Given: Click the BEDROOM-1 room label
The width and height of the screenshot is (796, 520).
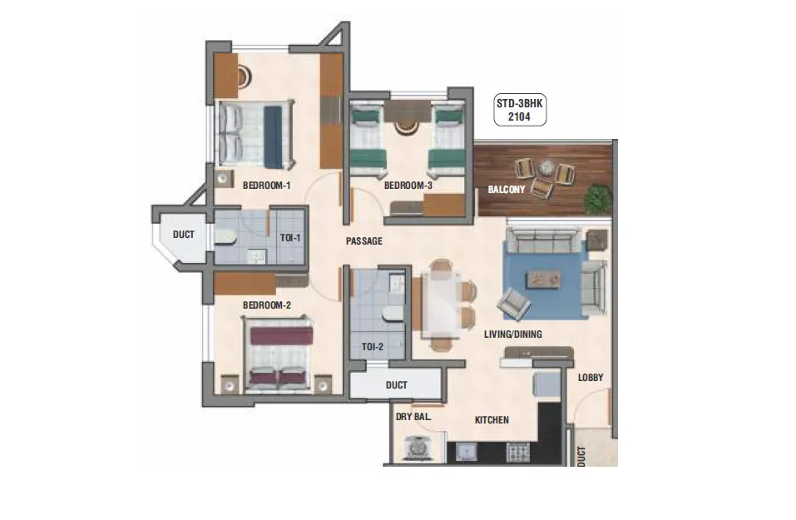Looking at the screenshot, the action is coord(266,186).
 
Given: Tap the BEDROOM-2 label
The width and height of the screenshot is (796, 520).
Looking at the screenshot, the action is coord(266,305).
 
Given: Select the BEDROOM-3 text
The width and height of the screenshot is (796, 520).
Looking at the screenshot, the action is coord(408,186).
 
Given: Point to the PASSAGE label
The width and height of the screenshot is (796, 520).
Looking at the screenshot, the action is coord(364,241).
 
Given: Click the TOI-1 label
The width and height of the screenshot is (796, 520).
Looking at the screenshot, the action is coord(290,238).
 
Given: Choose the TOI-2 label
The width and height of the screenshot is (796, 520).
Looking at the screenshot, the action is coord(372,347).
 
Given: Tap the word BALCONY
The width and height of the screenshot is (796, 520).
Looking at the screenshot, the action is coord(507,190).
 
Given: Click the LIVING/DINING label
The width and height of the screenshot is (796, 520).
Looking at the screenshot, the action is coord(512,334).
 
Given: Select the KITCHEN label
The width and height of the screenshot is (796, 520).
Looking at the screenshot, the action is coord(492,420).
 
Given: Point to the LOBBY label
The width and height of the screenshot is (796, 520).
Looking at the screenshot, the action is coord(591,377).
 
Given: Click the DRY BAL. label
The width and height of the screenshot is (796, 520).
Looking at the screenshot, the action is coord(413,417).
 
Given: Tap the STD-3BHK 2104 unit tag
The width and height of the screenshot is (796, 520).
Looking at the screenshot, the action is coord(520,110).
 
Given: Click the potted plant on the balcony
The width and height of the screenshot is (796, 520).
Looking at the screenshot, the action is coord(597,199).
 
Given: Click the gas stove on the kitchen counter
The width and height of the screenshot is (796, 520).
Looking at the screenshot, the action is coord(518,452).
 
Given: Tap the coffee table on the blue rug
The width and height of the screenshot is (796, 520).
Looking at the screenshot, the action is coord(544,278).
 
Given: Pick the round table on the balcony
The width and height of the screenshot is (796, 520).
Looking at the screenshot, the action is coord(547,166).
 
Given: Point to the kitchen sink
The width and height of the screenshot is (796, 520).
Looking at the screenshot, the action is coord(466,452).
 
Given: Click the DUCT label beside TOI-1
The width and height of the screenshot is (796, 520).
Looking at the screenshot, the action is coord(183,235).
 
